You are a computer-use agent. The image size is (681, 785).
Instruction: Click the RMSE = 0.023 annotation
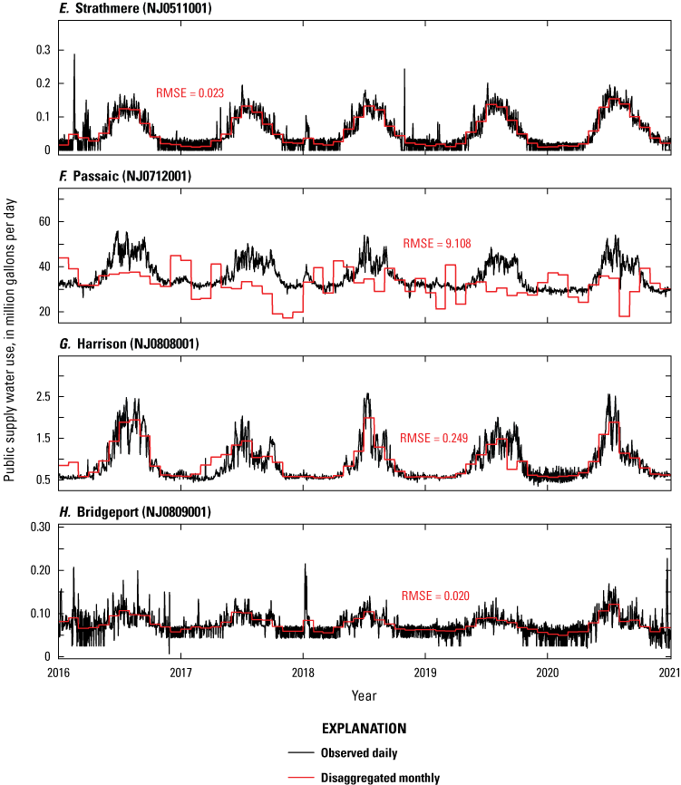coord(190,92)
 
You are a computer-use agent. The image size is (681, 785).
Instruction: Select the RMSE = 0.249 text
coord(433,438)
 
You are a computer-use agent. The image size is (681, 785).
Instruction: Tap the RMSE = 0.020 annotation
coord(433,596)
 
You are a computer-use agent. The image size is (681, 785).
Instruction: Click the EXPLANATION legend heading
coord(363,729)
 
